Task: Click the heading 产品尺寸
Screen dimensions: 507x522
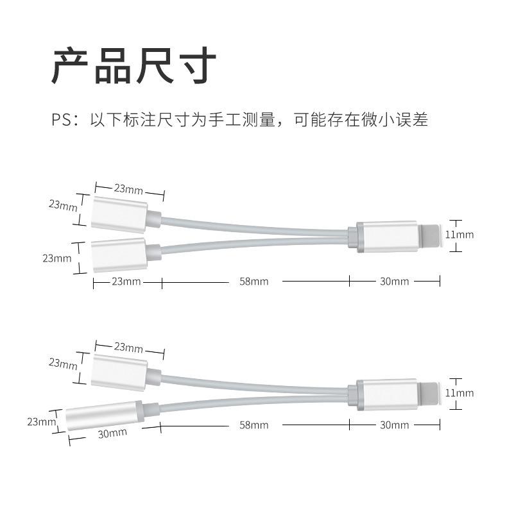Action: coord(133,65)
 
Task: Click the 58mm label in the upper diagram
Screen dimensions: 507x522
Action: coord(254,282)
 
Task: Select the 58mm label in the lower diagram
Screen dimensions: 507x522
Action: coord(254,425)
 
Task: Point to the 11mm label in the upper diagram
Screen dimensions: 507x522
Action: coord(460,235)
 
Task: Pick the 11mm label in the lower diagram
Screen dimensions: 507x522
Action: coord(460,392)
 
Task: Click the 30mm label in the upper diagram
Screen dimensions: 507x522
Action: coord(394,282)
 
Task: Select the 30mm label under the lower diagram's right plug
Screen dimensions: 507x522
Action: coord(394,425)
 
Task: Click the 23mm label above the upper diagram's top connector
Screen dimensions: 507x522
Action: coord(129,189)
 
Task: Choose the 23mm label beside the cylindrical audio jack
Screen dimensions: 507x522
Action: coord(41,422)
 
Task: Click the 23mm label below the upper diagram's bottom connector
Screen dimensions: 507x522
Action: coord(126,282)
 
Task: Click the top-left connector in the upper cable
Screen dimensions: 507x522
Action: coord(119,214)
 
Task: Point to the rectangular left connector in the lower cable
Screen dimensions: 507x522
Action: coord(119,372)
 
